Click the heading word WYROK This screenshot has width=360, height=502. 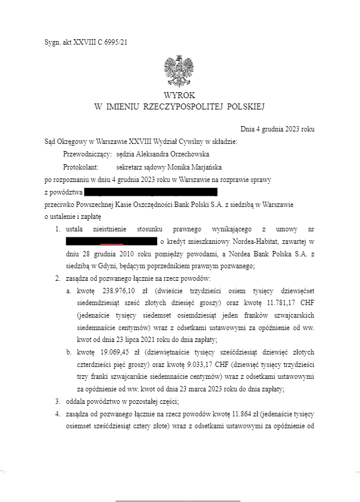[180, 95]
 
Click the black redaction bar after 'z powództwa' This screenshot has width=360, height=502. [152, 192]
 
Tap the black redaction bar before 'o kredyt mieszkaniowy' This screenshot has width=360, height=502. [111, 241]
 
